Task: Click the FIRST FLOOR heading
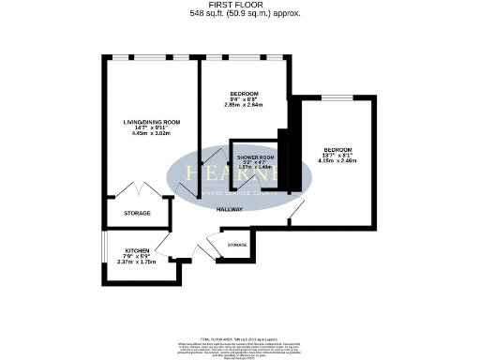(x=240, y=6)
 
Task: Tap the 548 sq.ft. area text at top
(x=240, y=14)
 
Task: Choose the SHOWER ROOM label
(x=255, y=157)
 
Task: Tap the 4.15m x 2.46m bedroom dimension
(x=339, y=162)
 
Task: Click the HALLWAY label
(x=230, y=209)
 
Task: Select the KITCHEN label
(x=136, y=250)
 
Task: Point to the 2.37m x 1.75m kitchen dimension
(x=136, y=263)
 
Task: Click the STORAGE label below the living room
(x=137, y=214)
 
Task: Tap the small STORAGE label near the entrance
(x=237, y=245)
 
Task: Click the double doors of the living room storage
(x=138, y=187)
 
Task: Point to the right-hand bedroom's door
(x=296, y=214)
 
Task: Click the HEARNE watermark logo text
(x=239, y=174)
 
